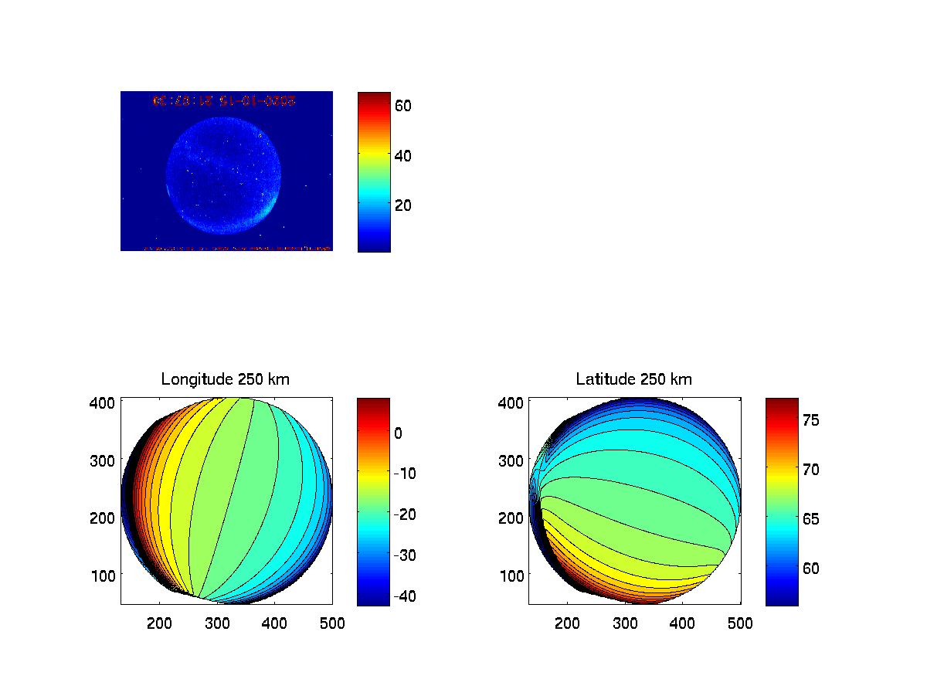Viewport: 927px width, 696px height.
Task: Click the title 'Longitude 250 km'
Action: click(x=226, y=379)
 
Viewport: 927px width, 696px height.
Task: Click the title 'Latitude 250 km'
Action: click(x=633, y=379)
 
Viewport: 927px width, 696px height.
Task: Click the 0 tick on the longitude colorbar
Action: click(x=398, y=433)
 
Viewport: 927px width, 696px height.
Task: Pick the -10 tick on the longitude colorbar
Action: click(x=405, y=474)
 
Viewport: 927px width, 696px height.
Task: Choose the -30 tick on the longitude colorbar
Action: click(x=405, y=555)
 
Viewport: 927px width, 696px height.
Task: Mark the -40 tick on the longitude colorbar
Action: click(x=405, y=596)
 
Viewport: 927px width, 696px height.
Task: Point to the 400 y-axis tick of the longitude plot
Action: click(x=106, y=402)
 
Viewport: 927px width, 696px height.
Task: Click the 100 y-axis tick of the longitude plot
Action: click(x=106, y=575)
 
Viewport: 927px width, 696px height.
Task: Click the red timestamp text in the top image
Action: click(x=225, y=100)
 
